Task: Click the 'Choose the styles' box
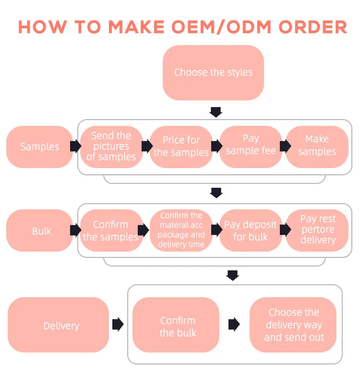[x=213, y=73]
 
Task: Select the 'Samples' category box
[x=39, y=146]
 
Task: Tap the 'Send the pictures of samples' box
[x=111, y=146]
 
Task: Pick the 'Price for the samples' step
[x=181, y=146]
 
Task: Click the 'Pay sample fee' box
[x=251, y=146]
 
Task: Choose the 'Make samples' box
[x=317, y=146]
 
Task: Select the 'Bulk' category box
[x=41, y=231]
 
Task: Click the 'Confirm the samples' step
[x=111, y=230]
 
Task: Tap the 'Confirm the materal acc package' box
[x=181, y=230]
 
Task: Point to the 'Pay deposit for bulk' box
[x=251, y=230]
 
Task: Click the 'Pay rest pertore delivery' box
[x=317, y=230]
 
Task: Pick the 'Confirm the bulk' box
[x=178, y=326]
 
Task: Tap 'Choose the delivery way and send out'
[x=294, y=325]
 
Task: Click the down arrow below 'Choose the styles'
[x=216, y=112]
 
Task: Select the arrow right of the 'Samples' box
[x=75, y=146]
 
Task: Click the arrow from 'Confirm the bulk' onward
[x=234, y=325]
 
